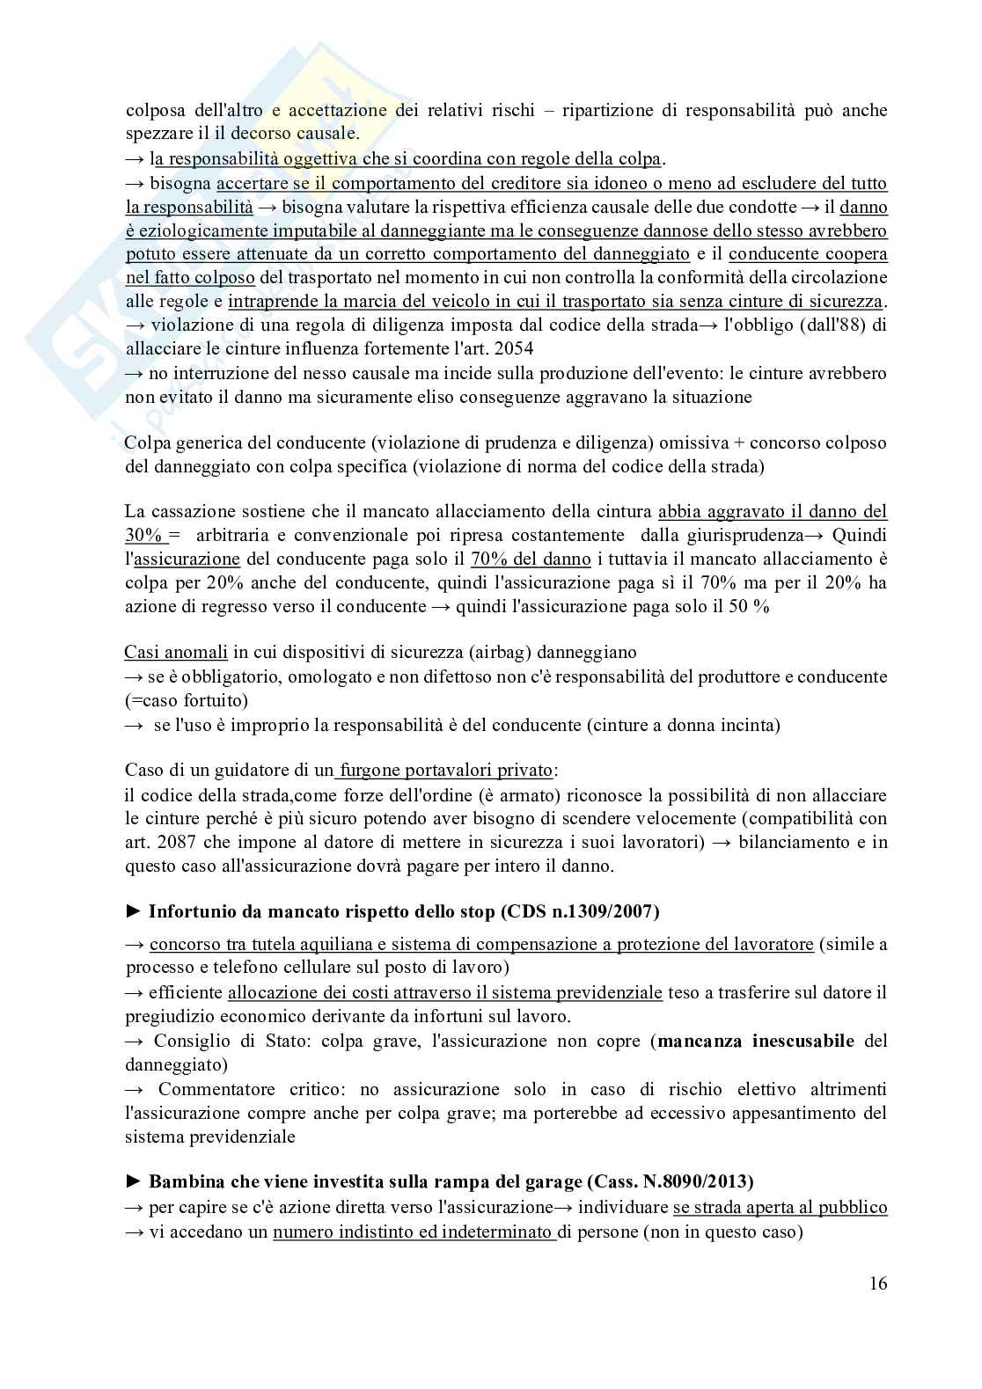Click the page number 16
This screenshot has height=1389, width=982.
tap(877, 1283)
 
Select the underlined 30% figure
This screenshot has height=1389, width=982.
tap(142, 535)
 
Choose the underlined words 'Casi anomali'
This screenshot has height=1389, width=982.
tap(176, 653)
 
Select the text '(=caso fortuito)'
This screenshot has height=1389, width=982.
tap(187, 700)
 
